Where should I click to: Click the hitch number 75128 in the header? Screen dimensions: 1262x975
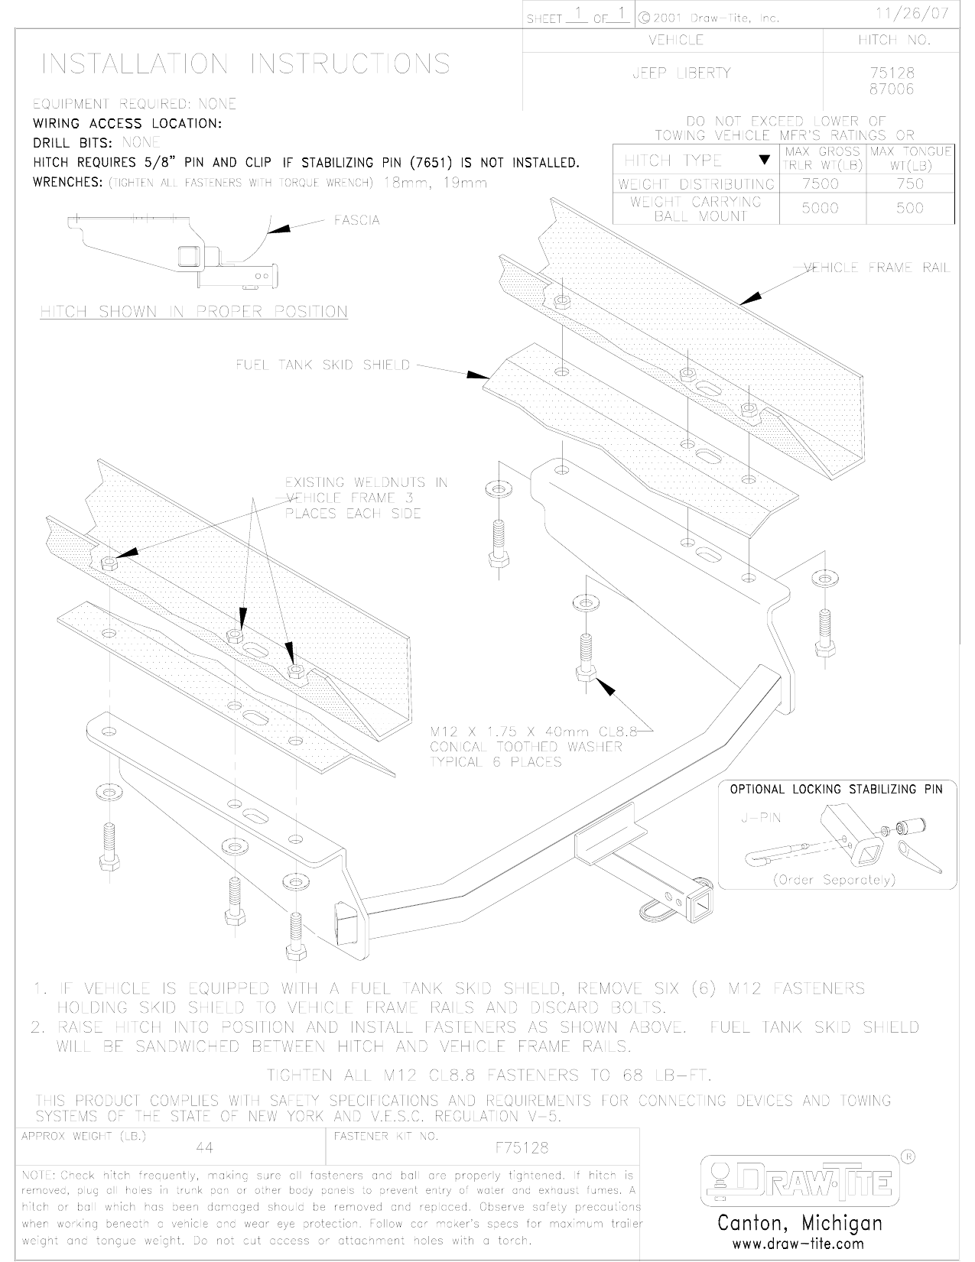pyautogui.click(x=892, y=73)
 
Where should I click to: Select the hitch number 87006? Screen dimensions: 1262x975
pyautogui.click(x=892, y=89)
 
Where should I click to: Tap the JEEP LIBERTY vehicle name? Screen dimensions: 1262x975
pyautogui.click(x=681, y=73)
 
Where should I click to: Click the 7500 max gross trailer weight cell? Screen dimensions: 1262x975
pyautogui.click(x=820, y=183)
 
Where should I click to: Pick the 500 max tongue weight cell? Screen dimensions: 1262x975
pyautogui.click(x=909, y=208)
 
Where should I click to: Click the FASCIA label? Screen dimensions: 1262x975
pyautogui.click(x=356, y=220)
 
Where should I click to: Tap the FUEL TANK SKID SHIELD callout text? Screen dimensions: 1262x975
pyautogui.click(x=323, y=365)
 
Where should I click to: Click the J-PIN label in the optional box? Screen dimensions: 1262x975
pyautogui.click(x=761, y=817)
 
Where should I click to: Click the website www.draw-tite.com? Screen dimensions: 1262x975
pyautogui.click(x=798, y=1244)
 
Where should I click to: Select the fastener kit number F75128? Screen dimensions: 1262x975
pyautogui.click(x=522, y=1148)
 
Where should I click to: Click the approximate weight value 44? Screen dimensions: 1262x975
pyautogui.click(x=204, y=1148)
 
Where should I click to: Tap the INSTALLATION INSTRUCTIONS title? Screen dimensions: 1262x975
pyautogui.click(x=245, y=63)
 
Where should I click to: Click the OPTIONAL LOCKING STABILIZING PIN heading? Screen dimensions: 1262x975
pyautogui.click(x=837, y=789)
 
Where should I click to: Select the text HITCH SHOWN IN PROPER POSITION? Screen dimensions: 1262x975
pyautogui.click(x=194, y=312)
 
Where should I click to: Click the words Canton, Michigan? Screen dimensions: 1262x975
pyautogui.click(x=799, y=1223)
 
